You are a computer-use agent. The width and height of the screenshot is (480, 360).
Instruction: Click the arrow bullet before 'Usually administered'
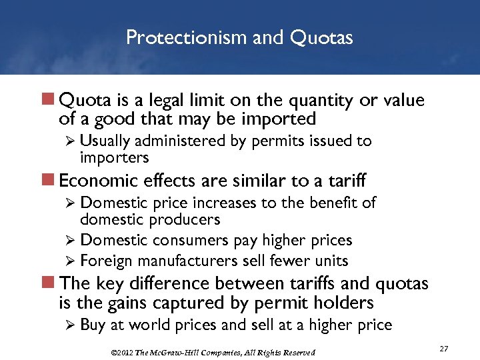click(x=71, y=141)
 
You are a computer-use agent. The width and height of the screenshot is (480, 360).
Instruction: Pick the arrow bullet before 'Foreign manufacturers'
click(x=71, y=261)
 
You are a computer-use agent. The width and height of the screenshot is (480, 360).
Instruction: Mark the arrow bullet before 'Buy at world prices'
click(x=71, y=325)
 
